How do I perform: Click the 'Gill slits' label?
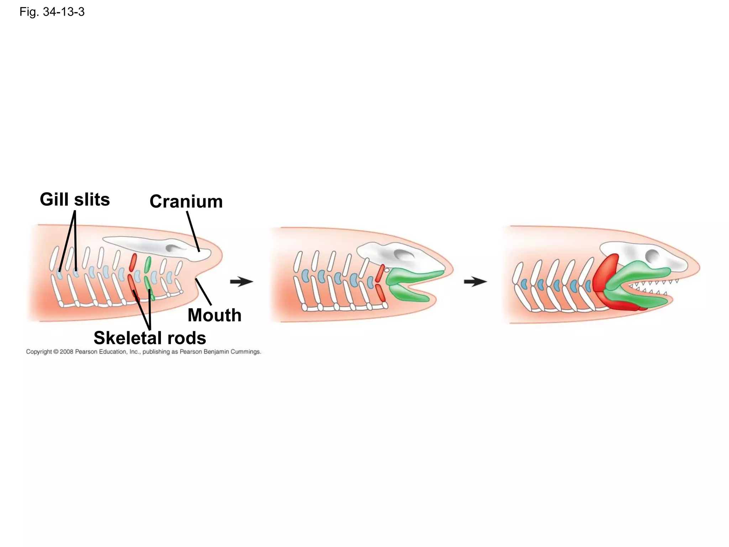click(75, 199)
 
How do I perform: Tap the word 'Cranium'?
click(186, 202)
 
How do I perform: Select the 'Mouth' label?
click(214, 315)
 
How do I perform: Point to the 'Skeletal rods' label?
click(150, 338)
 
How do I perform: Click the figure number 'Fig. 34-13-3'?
click(52, 12)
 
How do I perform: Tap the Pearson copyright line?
click(143, 352)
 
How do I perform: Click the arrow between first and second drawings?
click(241, 282)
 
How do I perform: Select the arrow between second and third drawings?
click(475, 282)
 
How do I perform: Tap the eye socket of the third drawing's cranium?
click(652, 255)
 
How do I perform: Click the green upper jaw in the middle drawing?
click(416, 276)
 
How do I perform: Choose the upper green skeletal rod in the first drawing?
click(148, 264)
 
